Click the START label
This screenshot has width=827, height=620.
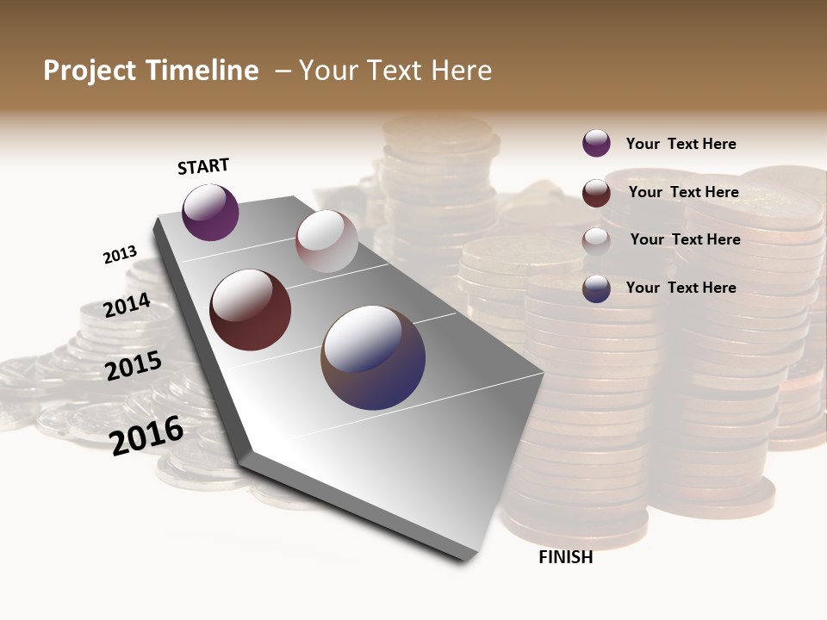click(203, 166)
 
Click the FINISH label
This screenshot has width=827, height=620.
click(565, 557)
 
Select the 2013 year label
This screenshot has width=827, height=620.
click(120, 254)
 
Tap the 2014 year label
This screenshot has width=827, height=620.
click(127, 305)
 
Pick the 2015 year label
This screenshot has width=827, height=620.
click(133, 365)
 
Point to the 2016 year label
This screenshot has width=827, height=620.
click(146, 435)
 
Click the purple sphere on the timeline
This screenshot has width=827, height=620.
click(210, 213)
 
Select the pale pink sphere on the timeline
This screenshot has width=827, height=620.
click(326, 241)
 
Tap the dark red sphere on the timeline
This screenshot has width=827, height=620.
click(251, 310)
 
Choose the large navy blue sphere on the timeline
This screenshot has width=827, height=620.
click(373, 357)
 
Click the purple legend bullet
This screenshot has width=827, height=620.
click(596, 143)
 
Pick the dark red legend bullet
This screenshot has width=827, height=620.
click(596, 193)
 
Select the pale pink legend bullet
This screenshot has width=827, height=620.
click(596, 241)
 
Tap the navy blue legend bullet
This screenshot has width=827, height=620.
click(596, 288)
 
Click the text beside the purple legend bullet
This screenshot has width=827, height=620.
click(681, 144)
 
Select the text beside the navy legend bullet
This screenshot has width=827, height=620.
click(681, 288)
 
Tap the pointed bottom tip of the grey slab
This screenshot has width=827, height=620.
click(465, 560)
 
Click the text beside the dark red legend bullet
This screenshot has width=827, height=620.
click(683, 192)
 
